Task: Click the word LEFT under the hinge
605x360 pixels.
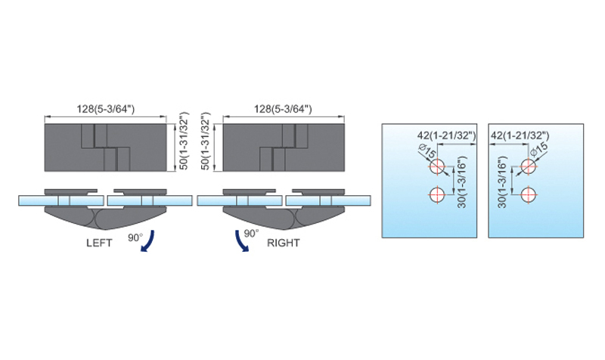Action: [99, 243]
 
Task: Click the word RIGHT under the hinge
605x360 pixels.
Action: [283, 243]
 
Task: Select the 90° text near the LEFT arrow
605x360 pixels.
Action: [135, 237]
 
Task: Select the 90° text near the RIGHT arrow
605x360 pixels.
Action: [251, 234]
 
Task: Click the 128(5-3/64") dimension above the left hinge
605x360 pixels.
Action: [106, 109]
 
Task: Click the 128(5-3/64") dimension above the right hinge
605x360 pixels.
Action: [283, 109]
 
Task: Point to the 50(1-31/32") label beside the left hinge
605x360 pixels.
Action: [184, 141]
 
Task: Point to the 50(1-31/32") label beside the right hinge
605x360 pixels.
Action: [206, 141]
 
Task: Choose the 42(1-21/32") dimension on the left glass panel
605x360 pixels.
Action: [446, 135]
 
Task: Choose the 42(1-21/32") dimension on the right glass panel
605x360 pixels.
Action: [520, 135]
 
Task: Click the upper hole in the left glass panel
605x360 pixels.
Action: [437, 167]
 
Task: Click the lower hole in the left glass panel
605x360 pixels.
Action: [437, 194]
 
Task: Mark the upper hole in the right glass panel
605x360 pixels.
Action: [528, 167]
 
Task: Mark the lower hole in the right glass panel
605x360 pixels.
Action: [528, 194]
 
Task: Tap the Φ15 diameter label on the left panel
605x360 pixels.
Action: [427, 151]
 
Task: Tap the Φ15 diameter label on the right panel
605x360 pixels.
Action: [539, 150]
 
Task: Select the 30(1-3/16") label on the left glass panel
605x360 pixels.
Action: [462, 182]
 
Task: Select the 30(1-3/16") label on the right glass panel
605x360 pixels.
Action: [501, 182]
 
